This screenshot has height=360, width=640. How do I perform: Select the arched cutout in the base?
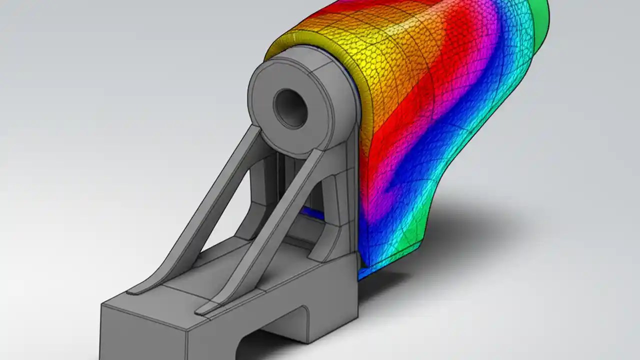(x=270, y=345)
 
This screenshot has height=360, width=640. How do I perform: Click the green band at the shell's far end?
(x=540, y=25)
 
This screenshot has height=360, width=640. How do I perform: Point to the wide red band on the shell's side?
(x=395, y=150)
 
